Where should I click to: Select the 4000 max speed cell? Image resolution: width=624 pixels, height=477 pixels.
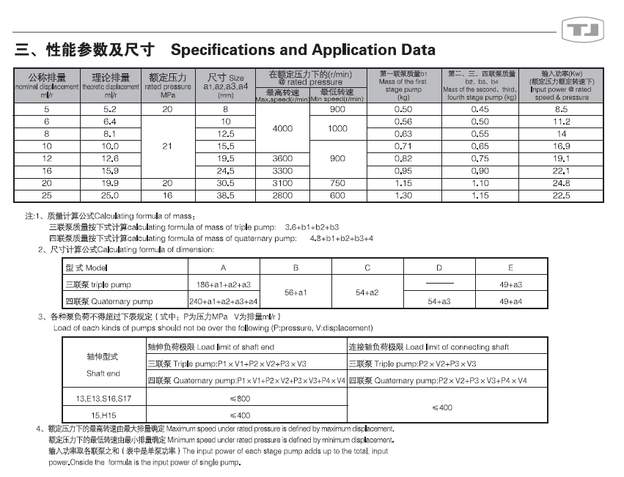(282, 128)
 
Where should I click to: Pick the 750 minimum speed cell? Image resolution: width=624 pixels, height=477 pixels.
(337, 183)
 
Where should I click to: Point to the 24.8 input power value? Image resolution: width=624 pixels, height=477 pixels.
(562, 183)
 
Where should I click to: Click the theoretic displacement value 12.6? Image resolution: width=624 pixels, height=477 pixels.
(110, 158)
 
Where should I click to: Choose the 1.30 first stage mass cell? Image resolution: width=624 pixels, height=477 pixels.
(403, 196)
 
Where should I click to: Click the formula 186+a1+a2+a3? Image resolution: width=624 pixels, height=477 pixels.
(224, 284)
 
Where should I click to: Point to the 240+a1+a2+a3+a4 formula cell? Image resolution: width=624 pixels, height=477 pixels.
(224, 301)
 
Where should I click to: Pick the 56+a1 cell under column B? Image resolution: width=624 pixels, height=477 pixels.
(296, 292)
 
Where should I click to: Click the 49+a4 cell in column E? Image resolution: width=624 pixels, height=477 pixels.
(510, 301)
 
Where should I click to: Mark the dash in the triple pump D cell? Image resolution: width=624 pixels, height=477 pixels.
(439, 284)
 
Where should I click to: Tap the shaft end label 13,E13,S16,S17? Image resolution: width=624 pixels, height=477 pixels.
(104, 399)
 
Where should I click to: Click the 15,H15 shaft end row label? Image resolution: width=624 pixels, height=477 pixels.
(104, 415)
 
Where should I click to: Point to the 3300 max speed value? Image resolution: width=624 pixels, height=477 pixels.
(282, 171)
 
